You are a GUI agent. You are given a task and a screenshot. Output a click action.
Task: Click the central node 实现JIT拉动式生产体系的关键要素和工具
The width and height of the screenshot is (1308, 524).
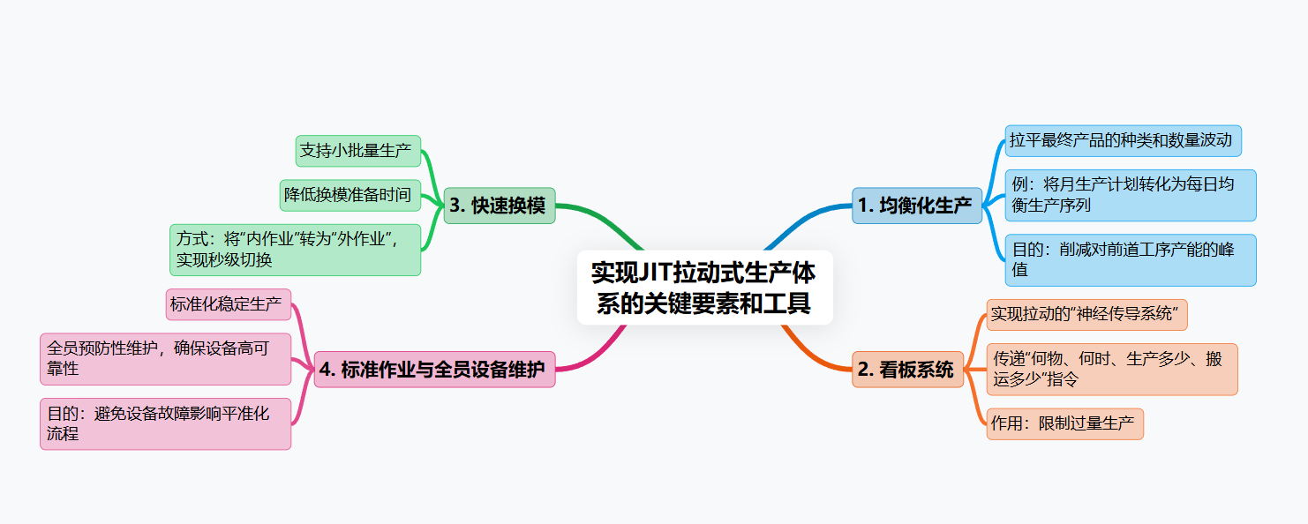704,287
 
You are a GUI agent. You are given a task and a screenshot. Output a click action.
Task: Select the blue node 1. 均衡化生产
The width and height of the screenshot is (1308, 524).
916,206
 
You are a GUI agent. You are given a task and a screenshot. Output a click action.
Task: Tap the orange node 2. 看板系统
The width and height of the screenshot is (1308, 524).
907,370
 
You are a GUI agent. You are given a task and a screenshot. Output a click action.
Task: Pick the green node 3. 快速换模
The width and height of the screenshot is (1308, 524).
500,206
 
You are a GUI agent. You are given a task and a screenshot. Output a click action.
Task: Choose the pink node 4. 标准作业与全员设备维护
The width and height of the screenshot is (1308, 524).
434,370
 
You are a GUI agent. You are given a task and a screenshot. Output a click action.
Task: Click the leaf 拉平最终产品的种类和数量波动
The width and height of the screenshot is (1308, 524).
1123,140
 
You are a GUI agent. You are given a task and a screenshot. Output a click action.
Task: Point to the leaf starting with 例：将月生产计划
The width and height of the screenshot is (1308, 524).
1130,195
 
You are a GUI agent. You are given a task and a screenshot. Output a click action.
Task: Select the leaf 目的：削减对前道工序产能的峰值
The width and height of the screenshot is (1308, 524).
1130,259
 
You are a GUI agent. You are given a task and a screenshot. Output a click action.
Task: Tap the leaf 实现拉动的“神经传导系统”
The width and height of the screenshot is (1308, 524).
1086,314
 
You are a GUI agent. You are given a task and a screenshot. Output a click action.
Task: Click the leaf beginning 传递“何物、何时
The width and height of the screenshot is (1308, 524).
1111,369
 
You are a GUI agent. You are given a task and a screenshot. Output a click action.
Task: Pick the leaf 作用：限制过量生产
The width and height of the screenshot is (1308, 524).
1064,423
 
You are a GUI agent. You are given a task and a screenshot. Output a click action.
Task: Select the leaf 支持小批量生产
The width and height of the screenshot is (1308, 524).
357,151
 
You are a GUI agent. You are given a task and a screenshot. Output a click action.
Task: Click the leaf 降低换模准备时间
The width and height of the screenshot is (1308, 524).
350,195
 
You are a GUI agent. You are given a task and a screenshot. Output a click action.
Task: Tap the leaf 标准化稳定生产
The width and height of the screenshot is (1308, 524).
228,304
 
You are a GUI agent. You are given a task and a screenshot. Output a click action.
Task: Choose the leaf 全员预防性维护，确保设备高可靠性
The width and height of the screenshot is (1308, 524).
165,358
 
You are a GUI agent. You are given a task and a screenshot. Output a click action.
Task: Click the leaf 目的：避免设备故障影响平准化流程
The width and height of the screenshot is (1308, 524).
165,423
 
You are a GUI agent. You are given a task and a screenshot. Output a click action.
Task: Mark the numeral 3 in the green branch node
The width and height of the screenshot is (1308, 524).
455,206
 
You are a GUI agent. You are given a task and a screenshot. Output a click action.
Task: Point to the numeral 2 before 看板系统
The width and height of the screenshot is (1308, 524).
863,371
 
